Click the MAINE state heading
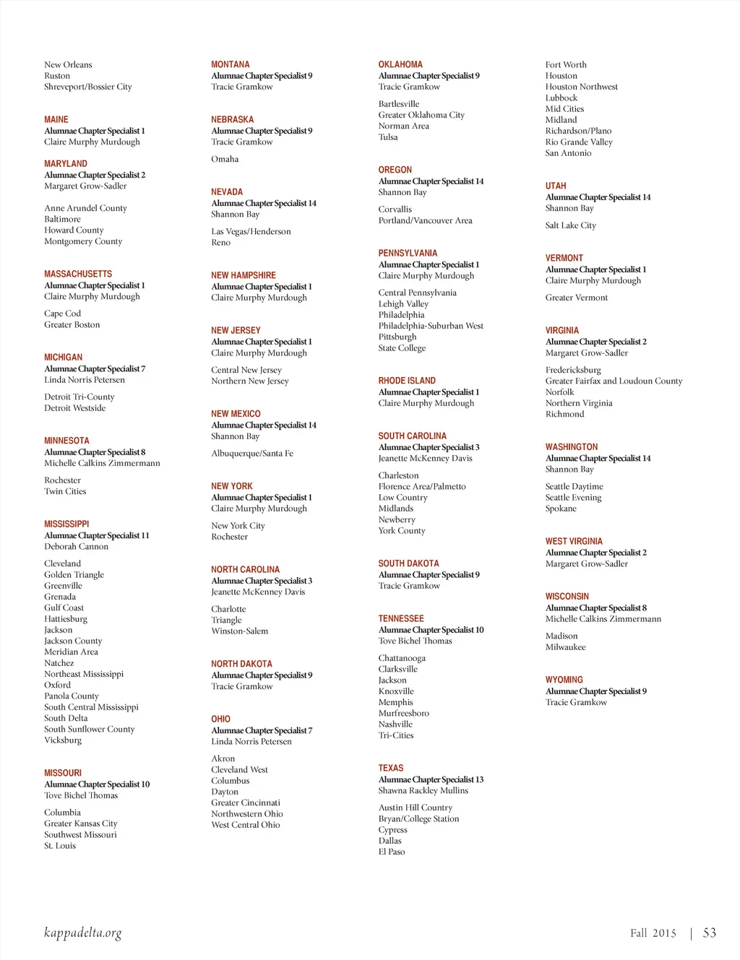(x=56, y=119)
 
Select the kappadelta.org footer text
(x=82, y=933)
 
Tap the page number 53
(x=710, y=933)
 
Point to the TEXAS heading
(x=391, y=768)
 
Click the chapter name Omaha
(x=225, y=159)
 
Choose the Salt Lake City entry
(x=571, y=225)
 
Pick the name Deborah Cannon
(x=76, y=547)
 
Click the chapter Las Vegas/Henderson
(x=251, y=232)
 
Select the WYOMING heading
(x=564, y=680)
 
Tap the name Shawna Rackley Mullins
(x=423, y=791)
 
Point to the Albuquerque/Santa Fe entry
(x=252, y=454)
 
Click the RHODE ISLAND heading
(x=407, y=381)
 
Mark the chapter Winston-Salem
(x=239, y=631)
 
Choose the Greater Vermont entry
(x=577, y=298)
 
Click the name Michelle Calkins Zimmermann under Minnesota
(x=102, y=464)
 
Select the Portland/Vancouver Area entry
(x=425, y=221)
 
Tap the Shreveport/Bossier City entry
(x=87, y=87)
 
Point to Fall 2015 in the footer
(x=653, y=933)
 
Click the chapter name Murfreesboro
(x=404, y=714)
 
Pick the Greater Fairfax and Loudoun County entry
(x=614, y=381)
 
